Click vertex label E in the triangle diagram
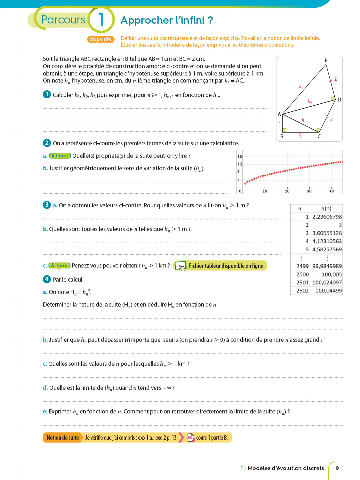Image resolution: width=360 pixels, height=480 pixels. (x=326, y=60)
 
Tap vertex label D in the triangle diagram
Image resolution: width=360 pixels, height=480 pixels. (x=339, y=100)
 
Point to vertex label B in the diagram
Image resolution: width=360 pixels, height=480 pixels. (x=282, y=136)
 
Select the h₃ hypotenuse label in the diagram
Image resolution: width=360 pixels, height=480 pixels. (x=301, y=86)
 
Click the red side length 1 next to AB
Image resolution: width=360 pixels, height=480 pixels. (x=280, y=124)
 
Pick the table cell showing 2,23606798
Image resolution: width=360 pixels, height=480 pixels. (x=327, y=217)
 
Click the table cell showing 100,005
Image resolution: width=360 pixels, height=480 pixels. (x=332, y=274)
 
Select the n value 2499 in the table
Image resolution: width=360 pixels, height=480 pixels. (x=302, y=266)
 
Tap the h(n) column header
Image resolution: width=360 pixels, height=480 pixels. (x=326, y=208)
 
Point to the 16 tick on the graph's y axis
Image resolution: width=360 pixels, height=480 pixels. (x=240, y=156)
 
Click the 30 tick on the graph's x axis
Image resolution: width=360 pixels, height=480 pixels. (x=309, y=191)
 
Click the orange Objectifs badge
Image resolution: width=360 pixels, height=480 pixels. (x=100, y=39)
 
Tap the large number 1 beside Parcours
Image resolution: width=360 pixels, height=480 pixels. (x=101, y=20)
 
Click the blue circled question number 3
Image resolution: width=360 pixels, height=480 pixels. (x=47, y=205)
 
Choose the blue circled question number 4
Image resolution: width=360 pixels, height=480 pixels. (x=47, y=279)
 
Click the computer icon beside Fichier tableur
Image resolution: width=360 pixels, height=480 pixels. (x=181, y=266)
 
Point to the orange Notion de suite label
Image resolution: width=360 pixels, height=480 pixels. (x=63, y=437)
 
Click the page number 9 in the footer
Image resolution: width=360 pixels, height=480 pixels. (x=337, y=468)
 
